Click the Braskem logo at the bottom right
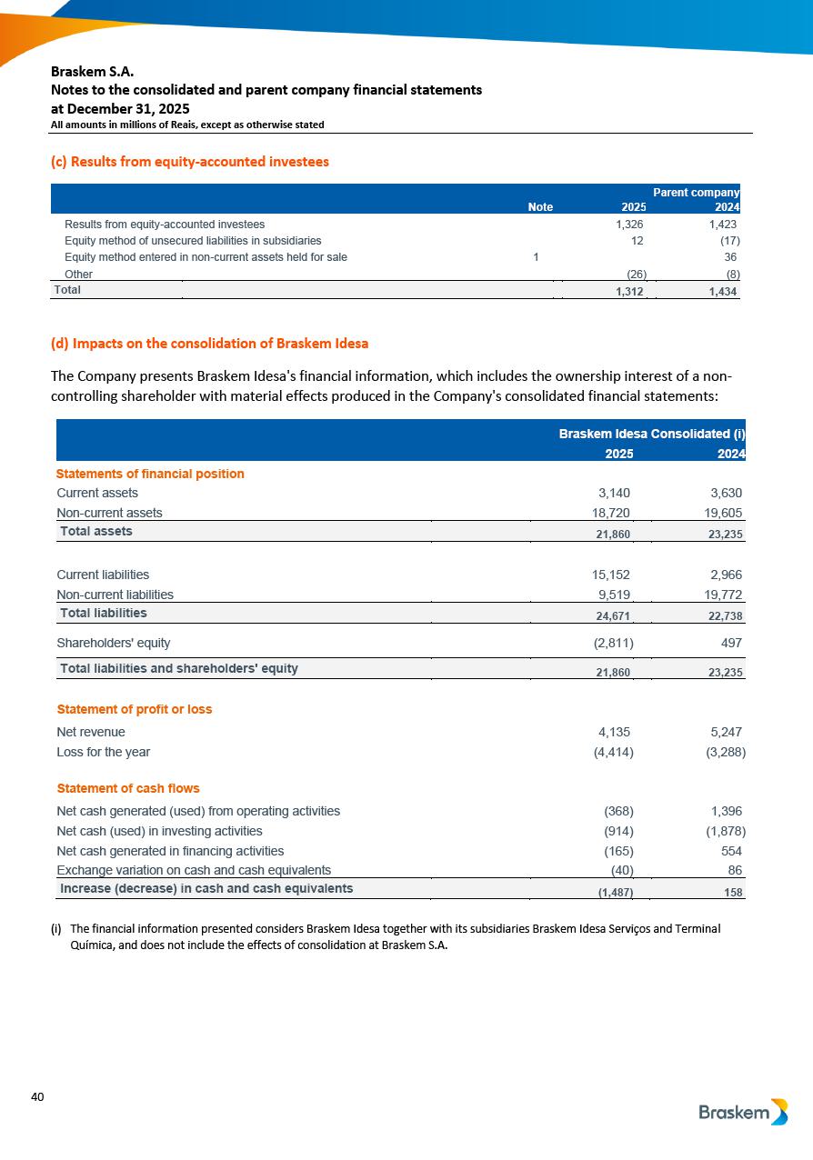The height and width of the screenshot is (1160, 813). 743,1112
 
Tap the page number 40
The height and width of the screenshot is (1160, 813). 37,1097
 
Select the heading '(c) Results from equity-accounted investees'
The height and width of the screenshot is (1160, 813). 190,162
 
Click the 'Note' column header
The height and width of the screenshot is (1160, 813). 540,207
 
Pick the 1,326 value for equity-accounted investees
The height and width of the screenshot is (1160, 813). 629,224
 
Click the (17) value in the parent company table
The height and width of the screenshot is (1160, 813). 727,241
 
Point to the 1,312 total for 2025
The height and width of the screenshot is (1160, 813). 629,290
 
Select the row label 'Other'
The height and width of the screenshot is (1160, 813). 79,274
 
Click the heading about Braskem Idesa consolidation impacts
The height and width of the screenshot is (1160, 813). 210,344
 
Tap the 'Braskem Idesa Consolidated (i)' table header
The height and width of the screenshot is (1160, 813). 652,435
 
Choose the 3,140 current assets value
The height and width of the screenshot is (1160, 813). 613,493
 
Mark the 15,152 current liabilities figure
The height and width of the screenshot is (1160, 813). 610,575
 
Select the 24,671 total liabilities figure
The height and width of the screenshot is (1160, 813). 613,615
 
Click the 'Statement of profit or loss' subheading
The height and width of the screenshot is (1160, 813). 135,709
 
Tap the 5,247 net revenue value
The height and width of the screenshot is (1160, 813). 724,732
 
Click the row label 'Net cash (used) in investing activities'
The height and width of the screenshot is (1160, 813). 159,831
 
